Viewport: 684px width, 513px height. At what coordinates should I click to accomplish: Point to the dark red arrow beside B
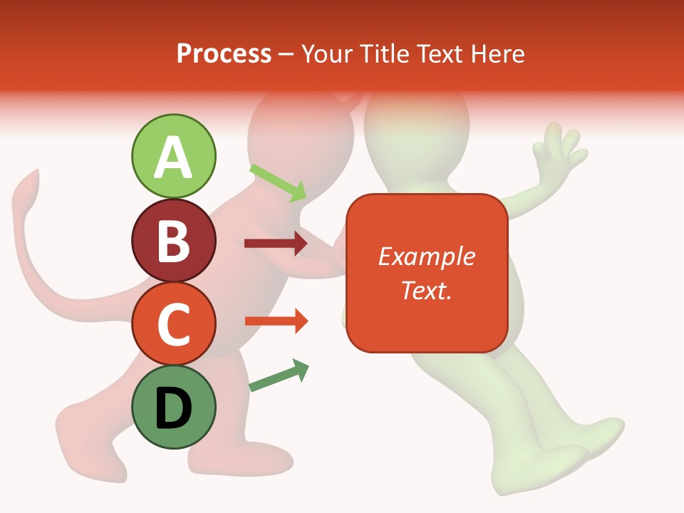point(276,244)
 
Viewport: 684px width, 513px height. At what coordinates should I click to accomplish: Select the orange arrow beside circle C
point(276,321)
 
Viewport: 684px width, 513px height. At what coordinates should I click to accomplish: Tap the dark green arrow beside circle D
point(279,375)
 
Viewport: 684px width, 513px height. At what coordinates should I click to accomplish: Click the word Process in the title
point(224,53)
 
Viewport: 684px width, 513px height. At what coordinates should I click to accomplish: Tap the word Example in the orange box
point(426,256)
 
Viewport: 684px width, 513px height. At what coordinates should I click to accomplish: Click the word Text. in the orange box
point(426,290)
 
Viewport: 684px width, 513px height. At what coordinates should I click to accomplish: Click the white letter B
point(173,241)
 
